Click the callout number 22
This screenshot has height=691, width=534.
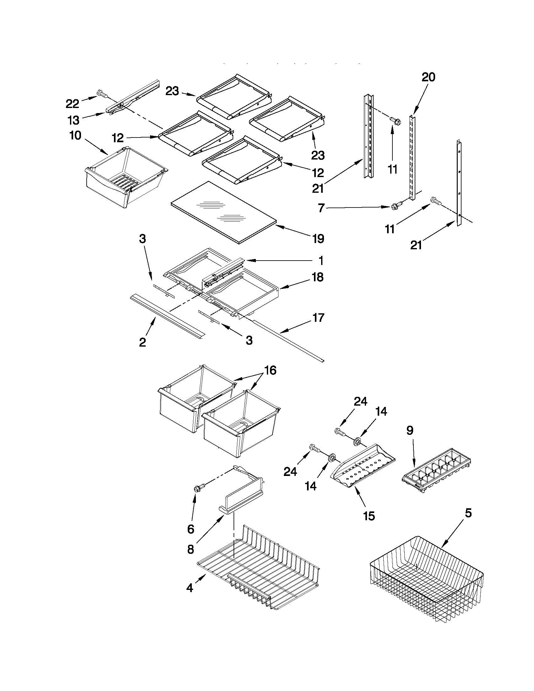pyautogui.click(x=72, y=104)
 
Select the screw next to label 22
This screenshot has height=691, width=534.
pyautogui.click(x=101, y=94)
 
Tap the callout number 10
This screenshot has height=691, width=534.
pyautogui.click(x=75, y=135)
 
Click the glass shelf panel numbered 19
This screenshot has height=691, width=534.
pyautogui.click(x=221, y=212)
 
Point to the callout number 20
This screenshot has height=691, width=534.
pyautogui.click(x=428, y=77)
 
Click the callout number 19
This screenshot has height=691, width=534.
pyautogui.click(x=318, y=238)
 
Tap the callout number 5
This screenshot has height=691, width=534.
pyautogui.click(x=468, y=513)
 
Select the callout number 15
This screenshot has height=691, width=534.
pyautogui.click(x=369, y=516)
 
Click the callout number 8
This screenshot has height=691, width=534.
pyautogui.click(x=191, y=549)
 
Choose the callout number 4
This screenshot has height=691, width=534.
pyautogui.click(x=190, y=588)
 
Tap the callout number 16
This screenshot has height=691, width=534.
pyautogui.click(x=270, y=370)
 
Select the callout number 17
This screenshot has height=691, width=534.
pyautogui.click(x=318, y=317)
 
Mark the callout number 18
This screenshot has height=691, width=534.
pyautogui.click(x=318, y=277)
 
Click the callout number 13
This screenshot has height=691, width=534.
pyautogui.click(x=73, y=120)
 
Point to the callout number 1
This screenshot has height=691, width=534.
pyautogui.click(x=321, y=261)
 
